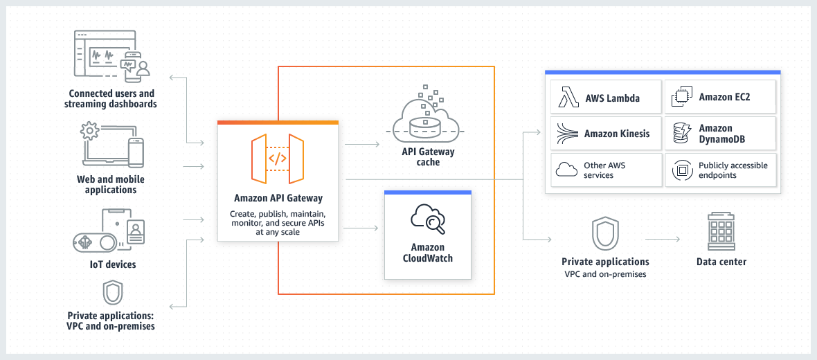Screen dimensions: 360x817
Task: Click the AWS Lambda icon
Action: pyautogui.click(x=568, y=98)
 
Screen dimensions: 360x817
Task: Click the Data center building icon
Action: pyautogui.click(x=721, y=232)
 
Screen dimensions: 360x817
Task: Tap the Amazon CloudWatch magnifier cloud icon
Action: pyautogui.click(x=427, y=218)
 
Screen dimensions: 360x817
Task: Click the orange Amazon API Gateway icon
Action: pyautogui.click(x=278, y=159)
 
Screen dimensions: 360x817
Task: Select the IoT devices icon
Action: pyautogui.click(x=111, y=232)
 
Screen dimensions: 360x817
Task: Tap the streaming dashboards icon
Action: pyautogui.click(x=111, y=56)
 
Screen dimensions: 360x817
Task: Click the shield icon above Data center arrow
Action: pyautogui.click(x=605, y=235)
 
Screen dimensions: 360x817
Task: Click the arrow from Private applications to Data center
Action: pyautogui.click(x=663, y=240)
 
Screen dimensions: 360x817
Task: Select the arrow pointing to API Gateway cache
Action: pyautogui.click(x=361, y=145)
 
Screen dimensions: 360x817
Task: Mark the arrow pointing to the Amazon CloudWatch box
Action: pyautogui.click(x=361, y=227)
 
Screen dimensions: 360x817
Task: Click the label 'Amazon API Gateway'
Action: pyautogui.click(x=278, y=199)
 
